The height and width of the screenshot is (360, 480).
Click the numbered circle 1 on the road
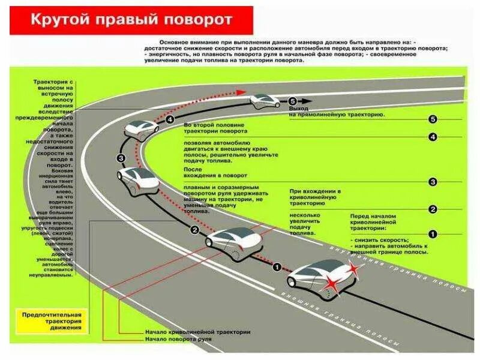click(277, 266)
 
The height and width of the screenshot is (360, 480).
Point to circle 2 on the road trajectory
click(194, 230)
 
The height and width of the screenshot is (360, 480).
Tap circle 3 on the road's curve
click(121, 158)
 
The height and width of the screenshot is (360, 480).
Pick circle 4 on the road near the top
click(170, 120)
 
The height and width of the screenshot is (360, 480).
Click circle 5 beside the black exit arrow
click(292, 101)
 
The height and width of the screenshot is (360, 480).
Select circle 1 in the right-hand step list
click(433, 234)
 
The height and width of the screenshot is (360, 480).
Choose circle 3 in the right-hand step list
click(433, 182)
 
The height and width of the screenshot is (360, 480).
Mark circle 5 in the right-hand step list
click(433, 119)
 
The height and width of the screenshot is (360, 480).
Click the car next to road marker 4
click(142, 128)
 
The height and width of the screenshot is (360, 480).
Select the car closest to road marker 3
click(137, 178)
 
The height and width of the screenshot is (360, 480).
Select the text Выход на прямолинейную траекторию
click(336, 112)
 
